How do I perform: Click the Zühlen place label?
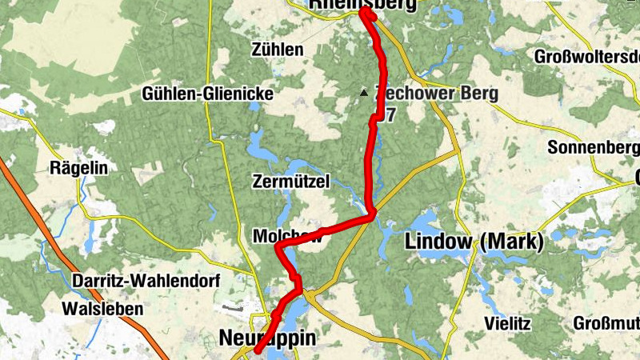(x=277, y=50)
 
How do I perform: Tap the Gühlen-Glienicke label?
(x=207, y=94)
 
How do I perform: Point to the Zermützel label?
(x=290, y=182)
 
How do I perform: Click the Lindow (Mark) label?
(x=474, y=240)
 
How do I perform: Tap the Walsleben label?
(x=106, y=308)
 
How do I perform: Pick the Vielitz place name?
(x=507, y=323)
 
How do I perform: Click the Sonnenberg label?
(x=593, y=148)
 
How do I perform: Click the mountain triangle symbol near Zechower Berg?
(x=365, y=94)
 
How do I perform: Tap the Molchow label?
(x=286, y=236)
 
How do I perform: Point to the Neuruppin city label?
(x=267, y=339)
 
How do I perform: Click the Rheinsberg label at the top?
(x=363, y=5)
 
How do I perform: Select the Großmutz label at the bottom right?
(x=606, y=323)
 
